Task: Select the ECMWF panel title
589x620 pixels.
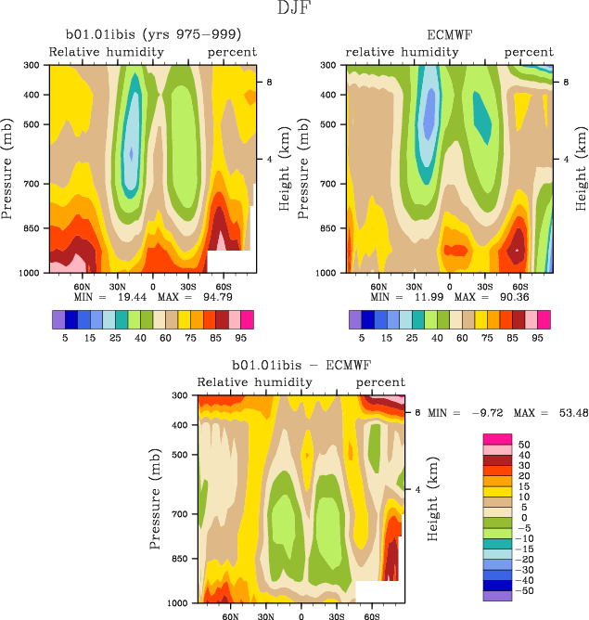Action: pyautogui.click(x=450, y=35)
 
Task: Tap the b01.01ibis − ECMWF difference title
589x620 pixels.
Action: pyautogui.click(x=301, y=365)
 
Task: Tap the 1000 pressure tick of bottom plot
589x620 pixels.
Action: pyautogui.click(x=181, y=603)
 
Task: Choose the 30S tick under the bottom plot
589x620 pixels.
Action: pyautogui.click(x=337, y=615)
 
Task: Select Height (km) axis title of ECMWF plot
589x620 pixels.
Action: pyautogui.click(x=581, y=169)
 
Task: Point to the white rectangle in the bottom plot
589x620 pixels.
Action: pyautogui.click(x=378, y=591)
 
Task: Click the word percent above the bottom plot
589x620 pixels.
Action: pyautogui.click(x=380, y=382)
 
